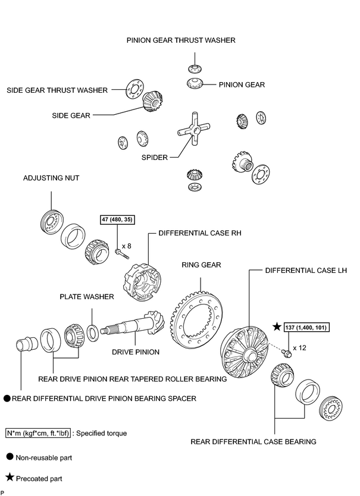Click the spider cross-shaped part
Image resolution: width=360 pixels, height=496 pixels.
(x=193, y=128)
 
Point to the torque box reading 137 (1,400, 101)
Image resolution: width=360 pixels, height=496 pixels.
(x=305, y=328)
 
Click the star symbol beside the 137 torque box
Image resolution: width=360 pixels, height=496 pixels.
(x=277, y=327)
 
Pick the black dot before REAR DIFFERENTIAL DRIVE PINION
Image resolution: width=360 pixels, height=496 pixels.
(x=7, y=398)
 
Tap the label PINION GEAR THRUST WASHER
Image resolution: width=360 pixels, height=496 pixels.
(x=181, y=40)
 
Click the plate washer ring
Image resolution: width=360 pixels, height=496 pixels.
(x=92, y=333)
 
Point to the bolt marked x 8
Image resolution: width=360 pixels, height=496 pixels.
(x=122, y=253)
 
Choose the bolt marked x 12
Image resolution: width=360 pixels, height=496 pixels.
(x=287, y=354)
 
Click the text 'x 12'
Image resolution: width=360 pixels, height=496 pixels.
(x=299, y=348)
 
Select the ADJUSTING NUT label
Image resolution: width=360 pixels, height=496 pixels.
(x=51, y=178)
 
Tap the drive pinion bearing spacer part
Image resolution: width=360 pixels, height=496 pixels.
(x=27, y=344)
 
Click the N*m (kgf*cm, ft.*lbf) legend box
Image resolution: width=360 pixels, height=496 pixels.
(x=38, y=433)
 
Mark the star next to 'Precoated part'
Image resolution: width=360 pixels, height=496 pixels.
(x=10, y=477)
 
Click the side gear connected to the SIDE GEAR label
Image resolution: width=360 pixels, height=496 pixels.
(x=152, y=102)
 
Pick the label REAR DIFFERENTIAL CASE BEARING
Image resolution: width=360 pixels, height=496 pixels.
(x=253, y=442)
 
